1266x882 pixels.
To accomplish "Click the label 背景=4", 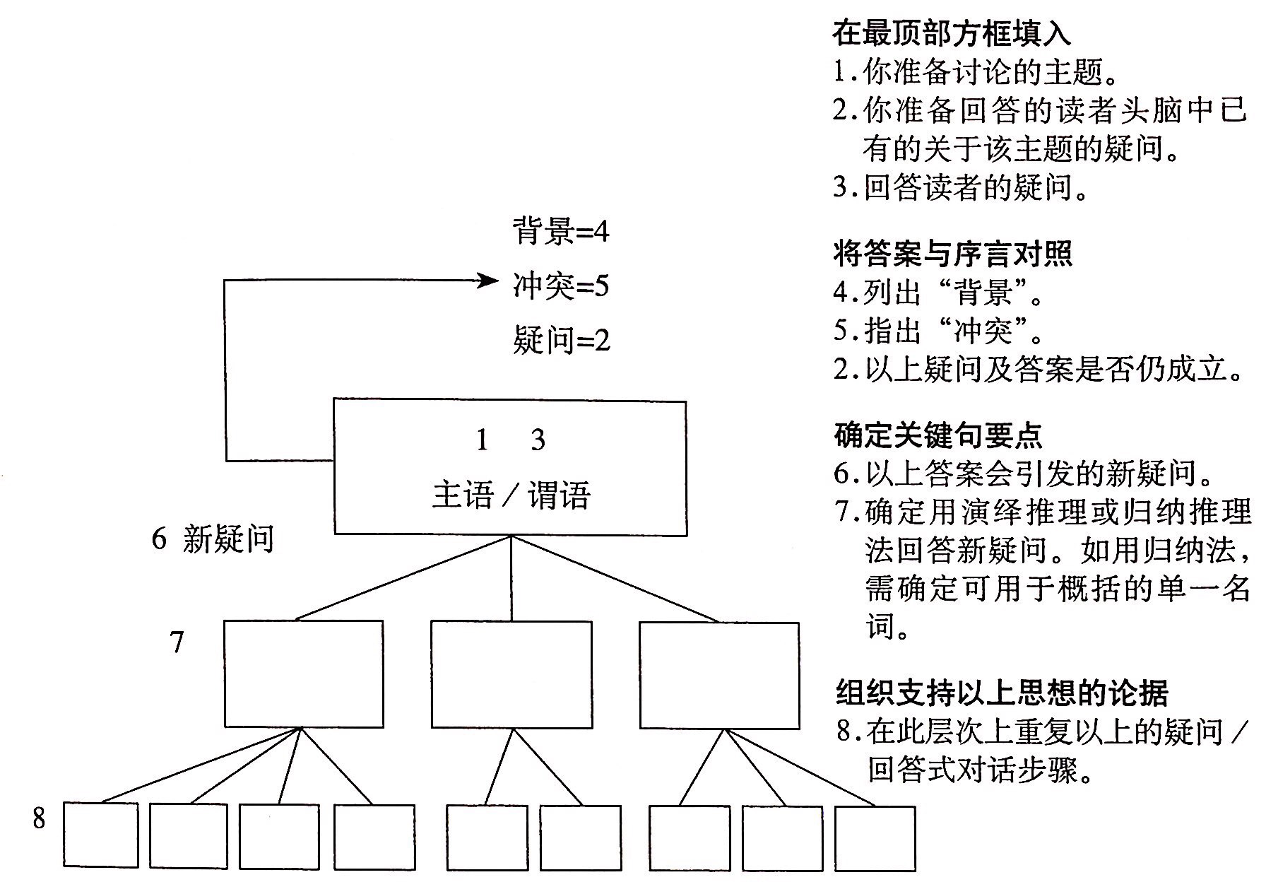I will coord(560,231).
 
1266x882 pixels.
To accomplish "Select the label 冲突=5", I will coord(560,286).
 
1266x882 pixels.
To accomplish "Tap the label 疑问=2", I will coord(561,341).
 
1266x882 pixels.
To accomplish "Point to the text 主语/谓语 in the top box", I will coord(511,495).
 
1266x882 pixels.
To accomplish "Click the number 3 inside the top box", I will coord(538,440).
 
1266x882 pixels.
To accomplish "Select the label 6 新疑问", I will coord(213,539).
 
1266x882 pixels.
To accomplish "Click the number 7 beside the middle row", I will coord(177,642).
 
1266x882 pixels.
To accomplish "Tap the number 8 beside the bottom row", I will coord(39,818).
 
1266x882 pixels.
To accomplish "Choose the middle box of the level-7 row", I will coord(511,674).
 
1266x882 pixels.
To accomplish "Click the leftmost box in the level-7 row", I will coord(304,674).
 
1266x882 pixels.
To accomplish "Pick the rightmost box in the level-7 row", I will coord(719,675).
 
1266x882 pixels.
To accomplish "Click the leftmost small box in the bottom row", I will coord(101,835).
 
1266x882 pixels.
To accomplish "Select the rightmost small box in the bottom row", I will coord(875,838).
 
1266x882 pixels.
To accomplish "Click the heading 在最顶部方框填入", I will coord(951,33).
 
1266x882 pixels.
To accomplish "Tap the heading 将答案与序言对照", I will coord(952,253).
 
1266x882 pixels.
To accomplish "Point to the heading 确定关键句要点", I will coord(937,435).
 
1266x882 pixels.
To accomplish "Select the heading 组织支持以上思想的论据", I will coord(1002,693).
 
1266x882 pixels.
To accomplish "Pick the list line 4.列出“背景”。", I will coord(939,292).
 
